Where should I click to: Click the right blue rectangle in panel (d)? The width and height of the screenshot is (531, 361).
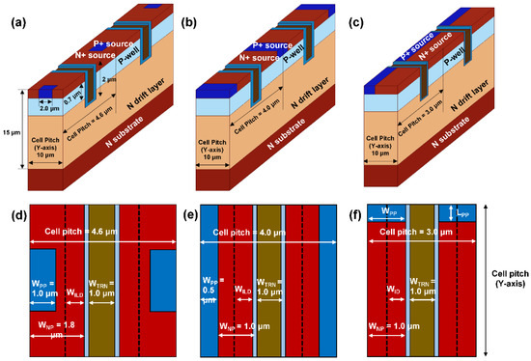coord(162,278)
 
